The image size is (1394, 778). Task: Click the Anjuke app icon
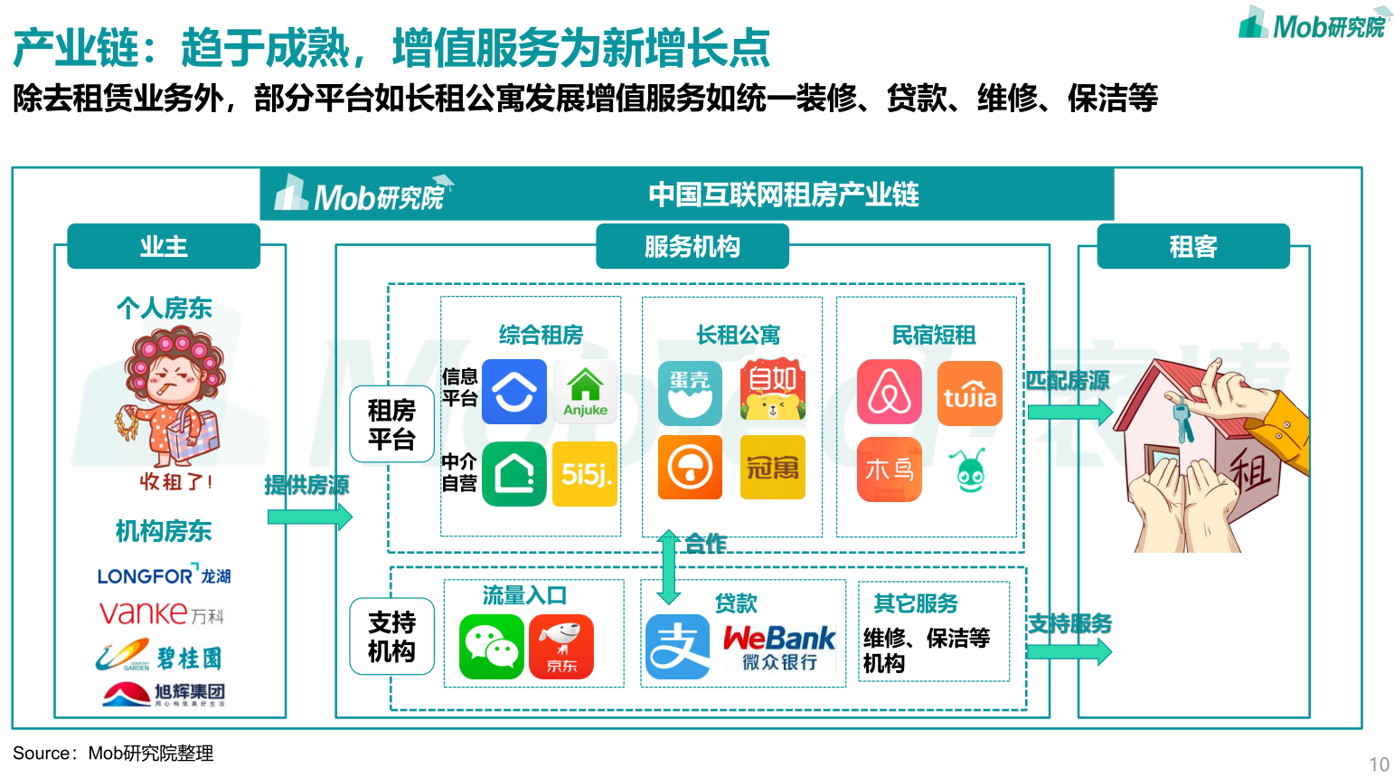click(585, 392)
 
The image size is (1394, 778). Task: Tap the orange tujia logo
click(970, 394)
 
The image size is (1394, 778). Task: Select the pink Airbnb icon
click(890, 392)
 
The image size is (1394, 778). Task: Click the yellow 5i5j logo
click(585, 473)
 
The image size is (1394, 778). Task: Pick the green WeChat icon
click(491, 647)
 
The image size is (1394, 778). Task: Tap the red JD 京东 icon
click(561, 647)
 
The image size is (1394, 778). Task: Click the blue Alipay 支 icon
click(677, 647)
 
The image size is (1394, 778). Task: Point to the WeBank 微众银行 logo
click(779, 647)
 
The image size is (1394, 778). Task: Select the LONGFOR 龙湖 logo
click(164, 576)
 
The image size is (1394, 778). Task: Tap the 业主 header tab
click(164, 246)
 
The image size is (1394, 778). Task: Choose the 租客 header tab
click(1192, 246)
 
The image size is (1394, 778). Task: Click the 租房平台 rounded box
click(391, 424)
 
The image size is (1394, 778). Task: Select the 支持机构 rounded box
click(391, 636)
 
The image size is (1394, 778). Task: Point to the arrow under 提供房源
click(309, 517)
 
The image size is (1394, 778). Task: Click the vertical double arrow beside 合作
click(668, 567)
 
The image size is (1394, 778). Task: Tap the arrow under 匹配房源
click(1069, 413)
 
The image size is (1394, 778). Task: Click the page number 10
click(1379, 764)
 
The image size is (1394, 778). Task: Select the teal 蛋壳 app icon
click(690, 394)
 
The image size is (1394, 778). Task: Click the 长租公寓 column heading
click(738, 336)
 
